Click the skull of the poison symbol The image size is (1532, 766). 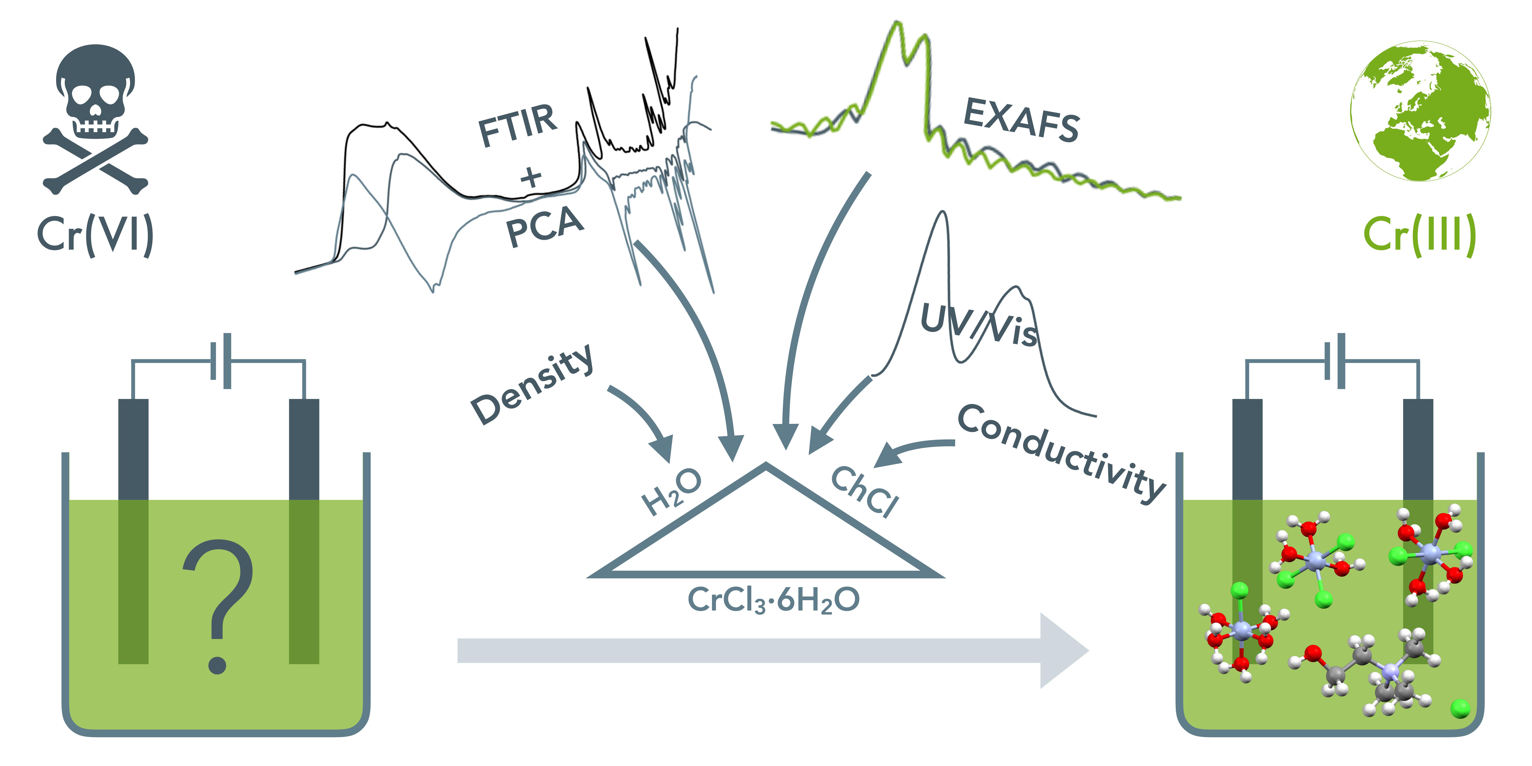point(95,89)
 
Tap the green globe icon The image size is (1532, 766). point(1420,111)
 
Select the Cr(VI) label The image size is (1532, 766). point(95,235)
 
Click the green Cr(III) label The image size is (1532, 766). point(1420,235)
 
